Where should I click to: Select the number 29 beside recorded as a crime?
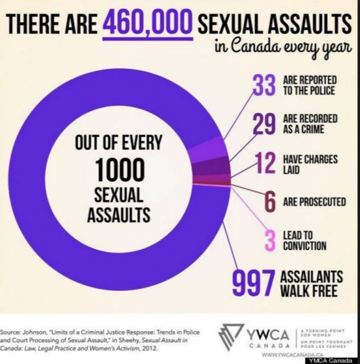click(x=264, y=124)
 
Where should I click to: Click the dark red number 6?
click(x=269, y=202)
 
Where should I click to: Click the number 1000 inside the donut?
click(x=119, y=171)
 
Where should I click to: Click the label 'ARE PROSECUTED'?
click(x=314, y=202)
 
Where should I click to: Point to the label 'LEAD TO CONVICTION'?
click(x=304, y=240)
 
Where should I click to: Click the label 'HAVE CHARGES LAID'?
click(x=310, y=163)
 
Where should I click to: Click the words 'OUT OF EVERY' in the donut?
click(x=119, y=143)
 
